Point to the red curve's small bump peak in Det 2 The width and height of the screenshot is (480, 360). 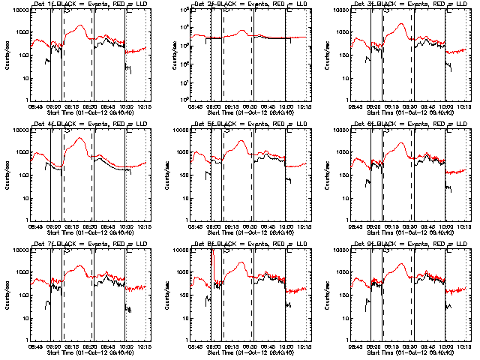[241, 31]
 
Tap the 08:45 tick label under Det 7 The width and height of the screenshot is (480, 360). [35, 346]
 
